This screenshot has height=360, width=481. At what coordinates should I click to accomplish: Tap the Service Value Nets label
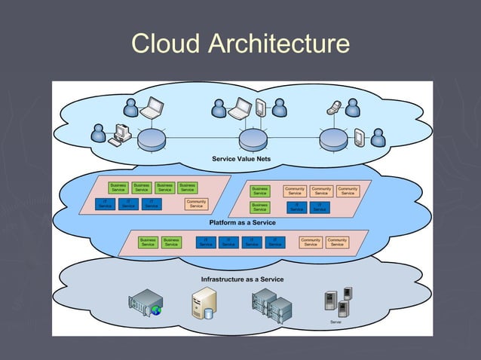(x=241, y=159)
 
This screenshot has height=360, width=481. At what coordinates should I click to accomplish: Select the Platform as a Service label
(x=242, y=223)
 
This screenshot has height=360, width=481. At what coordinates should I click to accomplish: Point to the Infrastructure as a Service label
(x=242, y=279)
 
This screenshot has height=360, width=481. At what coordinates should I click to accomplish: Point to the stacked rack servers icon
(x=271, y=304)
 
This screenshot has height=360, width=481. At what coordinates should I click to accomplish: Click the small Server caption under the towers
(x=335, y=322)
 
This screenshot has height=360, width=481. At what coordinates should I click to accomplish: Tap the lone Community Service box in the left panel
(x=196, y=204)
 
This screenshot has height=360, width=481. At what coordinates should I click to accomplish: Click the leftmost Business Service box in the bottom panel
(x=148, y=243)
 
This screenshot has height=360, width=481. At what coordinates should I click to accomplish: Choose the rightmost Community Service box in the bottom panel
(x=337, y=243)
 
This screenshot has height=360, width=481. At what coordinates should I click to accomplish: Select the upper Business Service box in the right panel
(x=259, y=191)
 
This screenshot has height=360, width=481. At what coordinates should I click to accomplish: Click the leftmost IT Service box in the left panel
(x=105, y=204)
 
